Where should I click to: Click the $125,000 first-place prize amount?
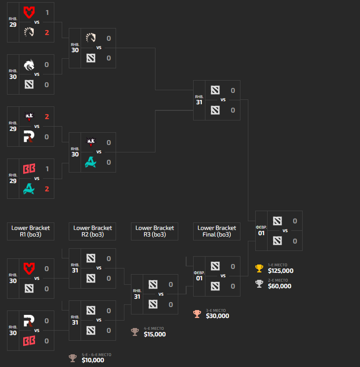281,271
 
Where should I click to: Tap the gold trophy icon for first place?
259,268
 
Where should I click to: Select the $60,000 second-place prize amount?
279,286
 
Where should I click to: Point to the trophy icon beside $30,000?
197,314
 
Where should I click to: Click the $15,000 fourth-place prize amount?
155,334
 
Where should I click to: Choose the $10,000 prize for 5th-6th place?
93,360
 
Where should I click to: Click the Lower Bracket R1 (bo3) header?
31,231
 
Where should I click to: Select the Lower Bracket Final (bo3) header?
217,231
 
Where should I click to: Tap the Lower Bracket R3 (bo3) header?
155,231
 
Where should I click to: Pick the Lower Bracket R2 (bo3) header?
92,231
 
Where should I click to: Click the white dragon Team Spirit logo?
29,64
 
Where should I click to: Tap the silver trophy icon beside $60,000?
259,284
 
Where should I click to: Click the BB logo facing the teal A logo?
29,169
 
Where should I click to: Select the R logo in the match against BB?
29,321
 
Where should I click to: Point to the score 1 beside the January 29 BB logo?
46,169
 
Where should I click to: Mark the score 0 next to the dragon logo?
46,64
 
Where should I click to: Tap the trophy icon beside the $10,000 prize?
73,358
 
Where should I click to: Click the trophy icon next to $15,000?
135,332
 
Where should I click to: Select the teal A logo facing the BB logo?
29,189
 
